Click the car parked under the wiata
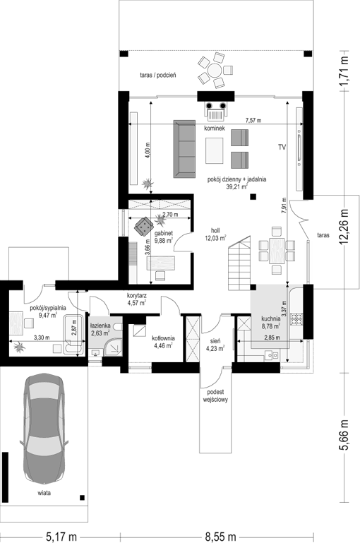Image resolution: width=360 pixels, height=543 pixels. pos(44,429)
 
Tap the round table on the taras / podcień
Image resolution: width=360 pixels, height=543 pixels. pos(215,71)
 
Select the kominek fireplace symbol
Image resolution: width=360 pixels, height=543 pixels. pos(217,110)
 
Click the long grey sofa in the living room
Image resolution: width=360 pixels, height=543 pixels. pos(184,149)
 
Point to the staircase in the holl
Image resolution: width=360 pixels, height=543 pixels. pos(239,263)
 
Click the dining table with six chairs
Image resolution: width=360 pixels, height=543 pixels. pos(277,251)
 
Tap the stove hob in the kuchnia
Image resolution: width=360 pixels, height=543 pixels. pos(296,319)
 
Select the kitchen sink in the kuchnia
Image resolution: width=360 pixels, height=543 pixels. pos(271,355)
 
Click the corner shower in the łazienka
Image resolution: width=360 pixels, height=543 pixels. pos(113,347)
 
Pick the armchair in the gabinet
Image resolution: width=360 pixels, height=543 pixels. pos(144,227)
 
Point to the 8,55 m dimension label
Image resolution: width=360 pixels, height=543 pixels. pos(220,537)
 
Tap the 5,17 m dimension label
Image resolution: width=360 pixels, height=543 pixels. pos(61,537)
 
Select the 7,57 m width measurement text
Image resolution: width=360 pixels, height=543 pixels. pos(253,121)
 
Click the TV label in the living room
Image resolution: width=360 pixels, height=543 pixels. pos(282,148)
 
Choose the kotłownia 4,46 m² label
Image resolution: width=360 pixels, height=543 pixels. pos(163,342)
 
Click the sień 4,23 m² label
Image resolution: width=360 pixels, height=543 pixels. pos(215,345)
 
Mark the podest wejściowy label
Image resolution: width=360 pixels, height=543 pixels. pos(215,396)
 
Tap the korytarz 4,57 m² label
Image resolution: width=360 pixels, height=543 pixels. pos(136,299)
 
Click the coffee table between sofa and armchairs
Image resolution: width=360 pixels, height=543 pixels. pos(215,150)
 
